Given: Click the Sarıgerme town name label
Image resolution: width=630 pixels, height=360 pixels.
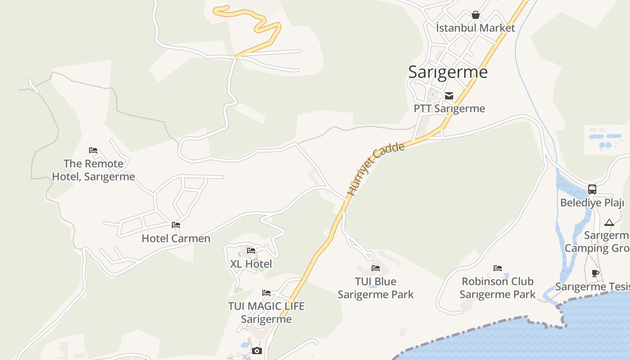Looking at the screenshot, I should [x=448, y=72].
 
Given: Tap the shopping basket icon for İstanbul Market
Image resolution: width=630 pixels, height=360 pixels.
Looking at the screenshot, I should [x=475, y=15].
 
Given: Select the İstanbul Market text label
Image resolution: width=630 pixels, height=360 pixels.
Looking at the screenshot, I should [x=475, y=28].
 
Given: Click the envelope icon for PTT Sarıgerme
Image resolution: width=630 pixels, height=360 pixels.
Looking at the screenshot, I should [x=449, y=95].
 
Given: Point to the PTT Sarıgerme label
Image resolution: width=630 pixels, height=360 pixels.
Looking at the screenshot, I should [x=449, y=108].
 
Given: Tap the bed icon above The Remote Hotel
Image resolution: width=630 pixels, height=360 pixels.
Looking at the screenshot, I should [x=93, y=150].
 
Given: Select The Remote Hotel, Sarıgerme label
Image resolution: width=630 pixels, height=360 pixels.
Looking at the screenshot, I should [x=93, y=170].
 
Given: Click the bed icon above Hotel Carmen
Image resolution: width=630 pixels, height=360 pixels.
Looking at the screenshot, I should [x=176, y=225].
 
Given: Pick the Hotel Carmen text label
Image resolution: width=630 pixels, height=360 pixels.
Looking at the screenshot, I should [x=176, y=238].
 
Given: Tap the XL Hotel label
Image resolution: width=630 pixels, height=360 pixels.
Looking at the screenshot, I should [x=251, y=264].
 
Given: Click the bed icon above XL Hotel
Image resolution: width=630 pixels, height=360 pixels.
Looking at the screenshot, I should [x=251, y=251].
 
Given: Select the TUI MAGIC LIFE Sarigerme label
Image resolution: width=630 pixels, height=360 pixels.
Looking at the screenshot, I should [x=266, y=312].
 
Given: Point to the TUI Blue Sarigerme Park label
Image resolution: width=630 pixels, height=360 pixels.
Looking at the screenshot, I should [x=376, y=288].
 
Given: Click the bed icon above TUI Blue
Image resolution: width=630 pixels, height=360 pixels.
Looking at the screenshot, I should [x=376, y=268].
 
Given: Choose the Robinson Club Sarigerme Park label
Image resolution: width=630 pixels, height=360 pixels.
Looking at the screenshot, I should [x=497, y=288].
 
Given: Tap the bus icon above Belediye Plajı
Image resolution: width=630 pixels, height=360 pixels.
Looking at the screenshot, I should [x=592, y=189].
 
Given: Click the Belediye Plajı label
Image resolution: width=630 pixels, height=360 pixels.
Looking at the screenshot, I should [x=592, y=202].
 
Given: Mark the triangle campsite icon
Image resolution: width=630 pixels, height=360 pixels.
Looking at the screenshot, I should [x=609, y=222].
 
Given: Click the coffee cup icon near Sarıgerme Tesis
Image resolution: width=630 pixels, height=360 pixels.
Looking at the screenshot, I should [x=595, y=273].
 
